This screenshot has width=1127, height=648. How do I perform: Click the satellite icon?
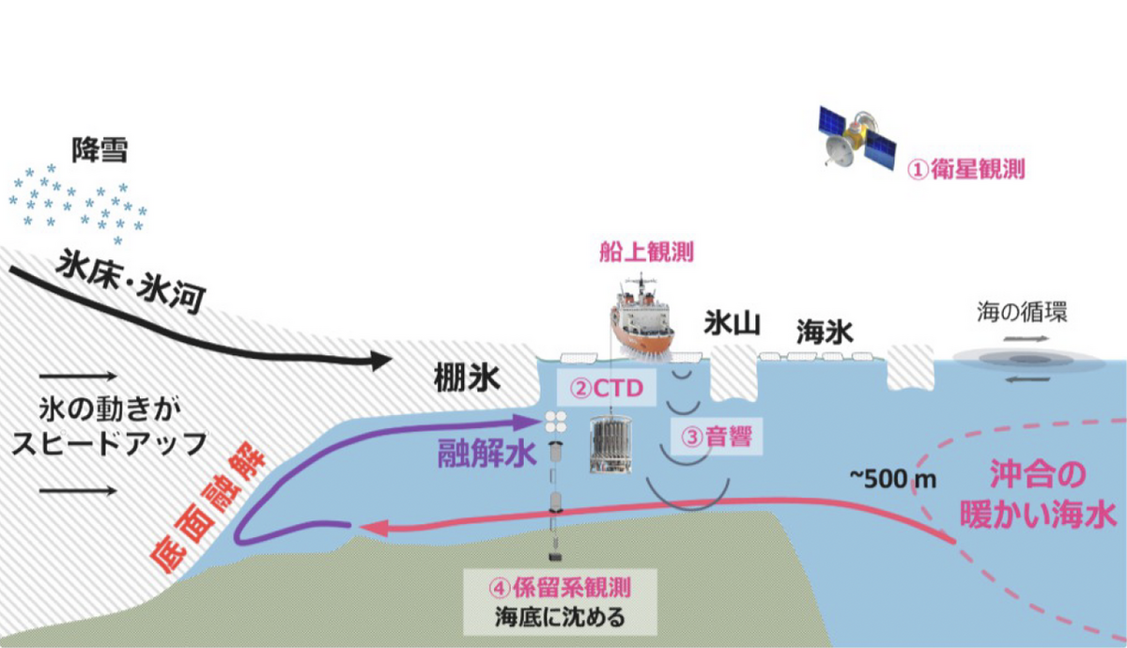click(854, 138)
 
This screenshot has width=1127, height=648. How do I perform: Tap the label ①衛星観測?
click(965, 170)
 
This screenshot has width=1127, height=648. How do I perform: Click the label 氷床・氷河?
click(129, 279)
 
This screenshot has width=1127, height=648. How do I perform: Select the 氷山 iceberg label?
click(732, 324)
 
